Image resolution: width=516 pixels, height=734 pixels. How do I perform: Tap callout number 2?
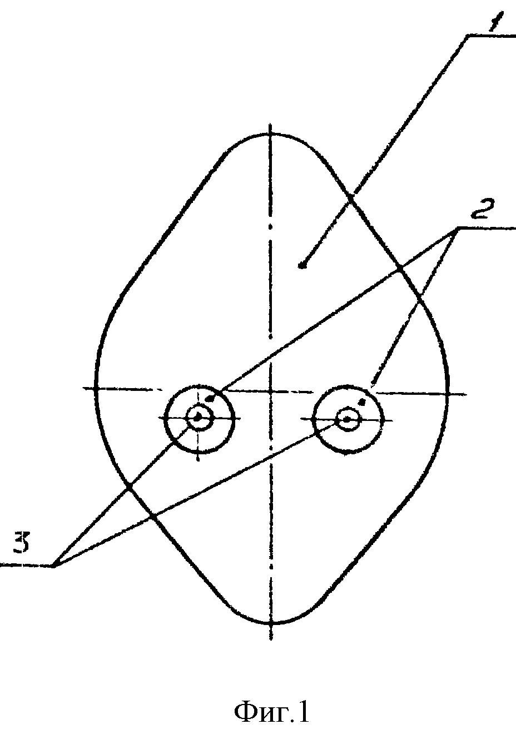click(483, 210)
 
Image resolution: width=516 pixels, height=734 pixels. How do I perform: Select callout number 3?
click(22, 542)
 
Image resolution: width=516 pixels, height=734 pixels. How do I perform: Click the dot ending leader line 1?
click(302, 266)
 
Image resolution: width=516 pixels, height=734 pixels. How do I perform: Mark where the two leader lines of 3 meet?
click(53, 566)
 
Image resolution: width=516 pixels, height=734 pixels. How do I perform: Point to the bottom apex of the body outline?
click(271, 623)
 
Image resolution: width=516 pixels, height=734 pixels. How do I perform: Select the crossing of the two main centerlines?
click(271, 391)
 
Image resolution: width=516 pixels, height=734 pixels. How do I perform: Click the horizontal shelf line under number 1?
click(492, 35)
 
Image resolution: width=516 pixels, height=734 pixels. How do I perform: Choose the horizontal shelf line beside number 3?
click(27, 565)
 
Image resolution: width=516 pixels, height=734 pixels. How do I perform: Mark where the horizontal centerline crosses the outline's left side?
click(96, 389)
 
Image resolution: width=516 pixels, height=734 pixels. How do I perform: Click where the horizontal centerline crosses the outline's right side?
click(448, 394)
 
